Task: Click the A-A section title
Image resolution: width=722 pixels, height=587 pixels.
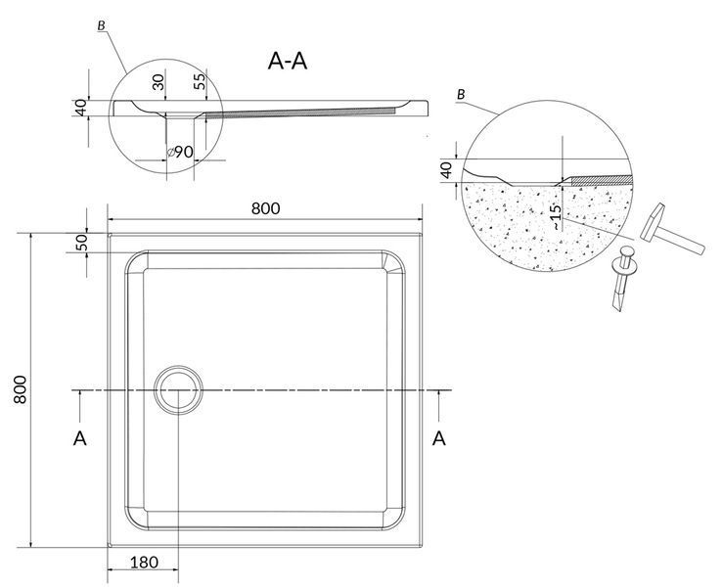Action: tap(288, 61)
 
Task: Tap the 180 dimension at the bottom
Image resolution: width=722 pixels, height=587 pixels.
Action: tap(144, 563)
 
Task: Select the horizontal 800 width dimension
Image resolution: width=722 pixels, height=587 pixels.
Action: tap(265, 208)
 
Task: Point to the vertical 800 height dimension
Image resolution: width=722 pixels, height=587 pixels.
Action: tap(20, 389)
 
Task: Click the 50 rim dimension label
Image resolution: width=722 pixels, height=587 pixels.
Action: tap(81, 243)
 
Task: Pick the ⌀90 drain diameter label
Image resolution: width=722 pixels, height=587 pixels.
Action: tap(180, 152)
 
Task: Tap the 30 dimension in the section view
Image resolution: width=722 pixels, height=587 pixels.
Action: tap(158, 82)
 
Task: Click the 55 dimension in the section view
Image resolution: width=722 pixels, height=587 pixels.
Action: tap(200, 81)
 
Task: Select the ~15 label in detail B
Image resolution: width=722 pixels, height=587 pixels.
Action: tap(557, 217)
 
